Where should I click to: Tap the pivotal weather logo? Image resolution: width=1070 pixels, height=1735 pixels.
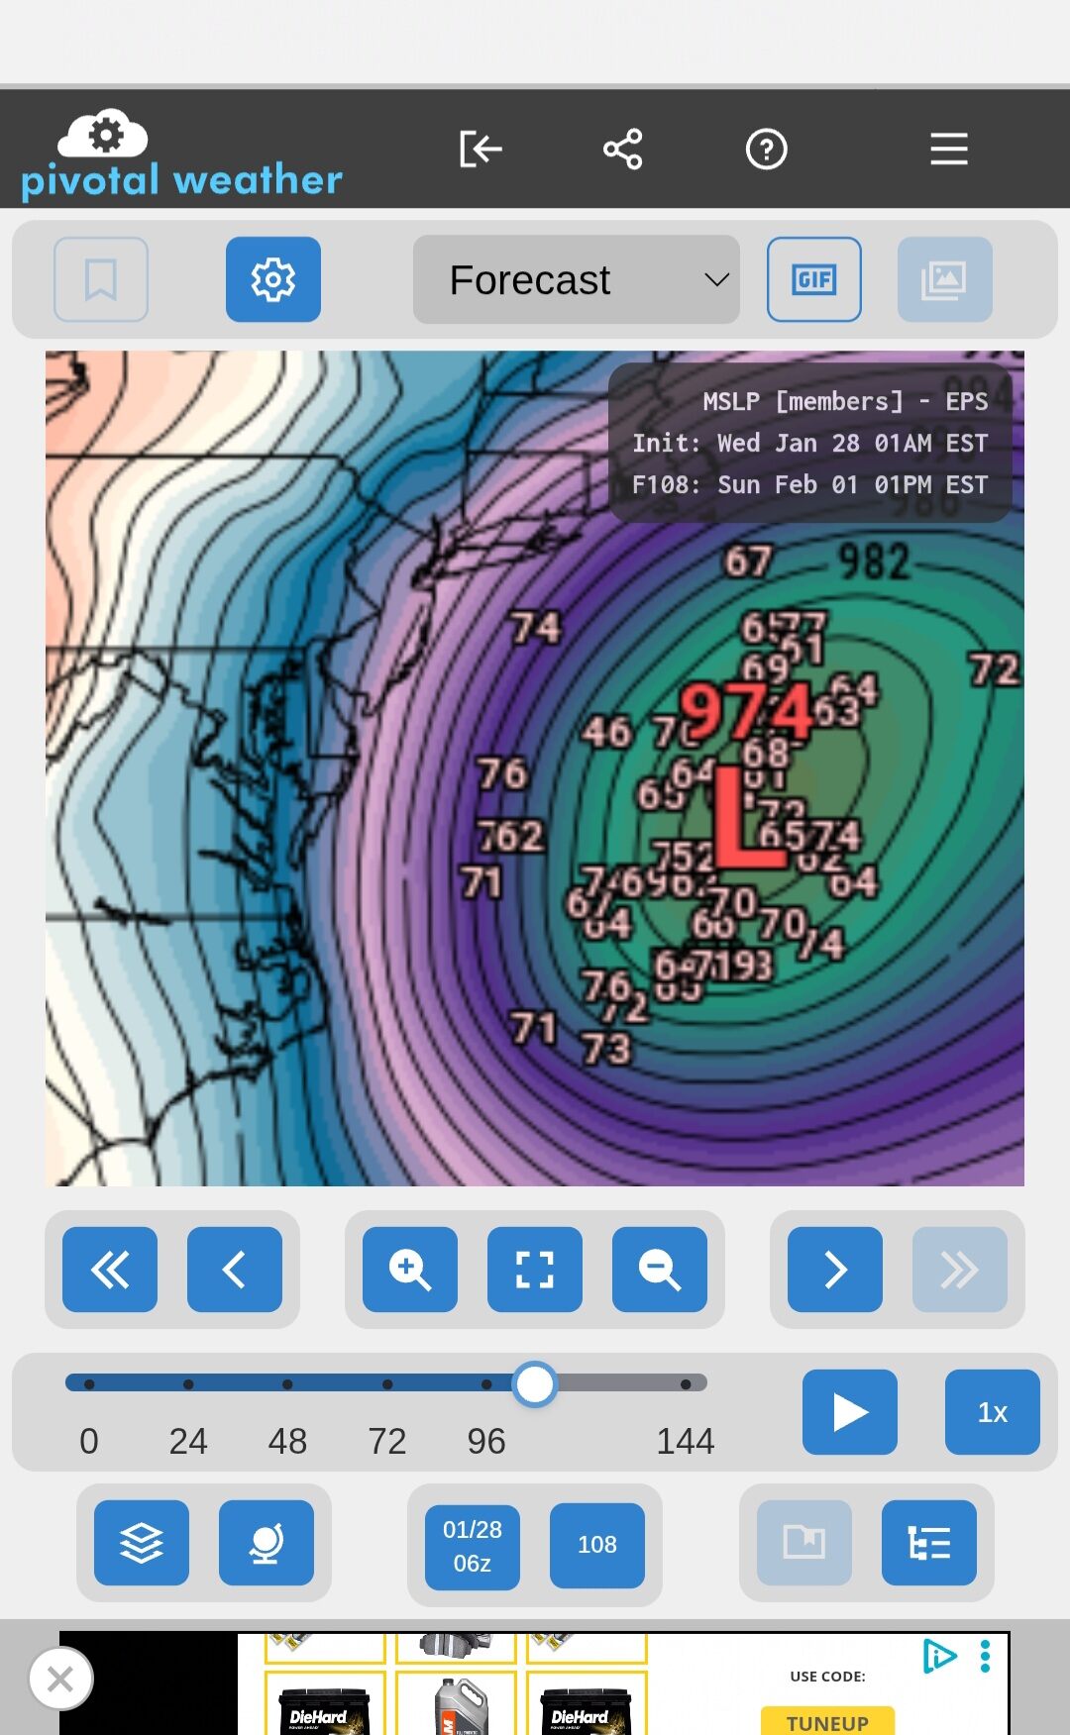[181, 153]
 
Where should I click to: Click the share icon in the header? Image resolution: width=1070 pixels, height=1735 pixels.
[623, 150]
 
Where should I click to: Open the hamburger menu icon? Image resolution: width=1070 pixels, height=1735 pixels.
[948, 150]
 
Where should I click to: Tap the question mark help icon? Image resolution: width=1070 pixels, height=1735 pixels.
[766, 150]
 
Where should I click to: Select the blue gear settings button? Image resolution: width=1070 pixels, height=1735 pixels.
[273, 279]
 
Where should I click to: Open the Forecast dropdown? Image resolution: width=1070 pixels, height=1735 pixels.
[576, 279]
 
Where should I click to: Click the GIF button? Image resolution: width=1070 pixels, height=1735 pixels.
[813, 279]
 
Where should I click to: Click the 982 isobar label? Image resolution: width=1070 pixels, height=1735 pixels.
[874, 562]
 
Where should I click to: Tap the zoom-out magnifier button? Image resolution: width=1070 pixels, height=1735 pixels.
[659, 1270]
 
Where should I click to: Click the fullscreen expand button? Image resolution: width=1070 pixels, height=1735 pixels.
[534, 1270]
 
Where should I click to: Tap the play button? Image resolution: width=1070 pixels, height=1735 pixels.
[849, 1412]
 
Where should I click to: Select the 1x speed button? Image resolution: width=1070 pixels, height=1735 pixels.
[992, 1412]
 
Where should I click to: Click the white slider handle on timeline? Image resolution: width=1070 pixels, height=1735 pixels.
[535, 1384]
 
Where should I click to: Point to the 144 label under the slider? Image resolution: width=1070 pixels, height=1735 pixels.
[685, 1441]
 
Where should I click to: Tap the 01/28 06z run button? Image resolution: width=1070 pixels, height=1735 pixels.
[473, 1546]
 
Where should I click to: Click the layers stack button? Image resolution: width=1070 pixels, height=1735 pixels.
[142, 1543]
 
